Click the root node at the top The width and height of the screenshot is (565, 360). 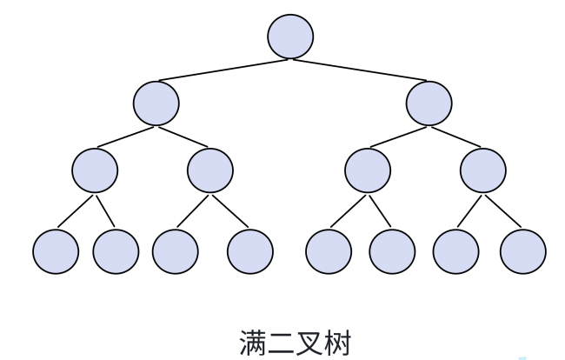(x=290, y=37)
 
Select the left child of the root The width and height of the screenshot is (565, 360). (x=156, y=103)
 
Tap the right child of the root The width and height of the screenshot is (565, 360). (x=429, y=103)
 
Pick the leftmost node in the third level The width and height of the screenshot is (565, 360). (x=95, y=170)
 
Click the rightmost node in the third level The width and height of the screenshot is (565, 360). (x=483, y=170)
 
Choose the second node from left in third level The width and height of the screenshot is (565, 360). (x=210, y=170)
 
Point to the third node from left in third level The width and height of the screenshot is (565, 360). (x=368, y=170)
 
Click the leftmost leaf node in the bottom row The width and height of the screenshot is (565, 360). (x=56, y=251)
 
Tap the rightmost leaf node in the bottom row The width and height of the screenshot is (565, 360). (x=523, y=251)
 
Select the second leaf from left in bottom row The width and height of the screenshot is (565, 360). (x=116, y=251)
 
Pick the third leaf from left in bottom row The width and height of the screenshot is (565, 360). (x=175, y=251)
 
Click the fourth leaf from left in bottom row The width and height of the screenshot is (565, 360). (x=250, y=251)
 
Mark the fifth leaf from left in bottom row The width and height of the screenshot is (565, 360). (x=329, y=251)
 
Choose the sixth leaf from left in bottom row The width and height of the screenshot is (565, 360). (x=392, y=251)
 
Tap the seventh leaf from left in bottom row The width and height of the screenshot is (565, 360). (x=455, y=251)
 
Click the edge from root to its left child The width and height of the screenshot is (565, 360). (x=223, y=70)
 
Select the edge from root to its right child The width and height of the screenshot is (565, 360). (x=360, y=70)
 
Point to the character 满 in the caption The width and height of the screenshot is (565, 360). (x=253, y=343)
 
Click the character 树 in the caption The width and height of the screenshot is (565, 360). (x=337, y=343)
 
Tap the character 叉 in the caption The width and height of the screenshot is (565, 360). (x=309, y=343)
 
